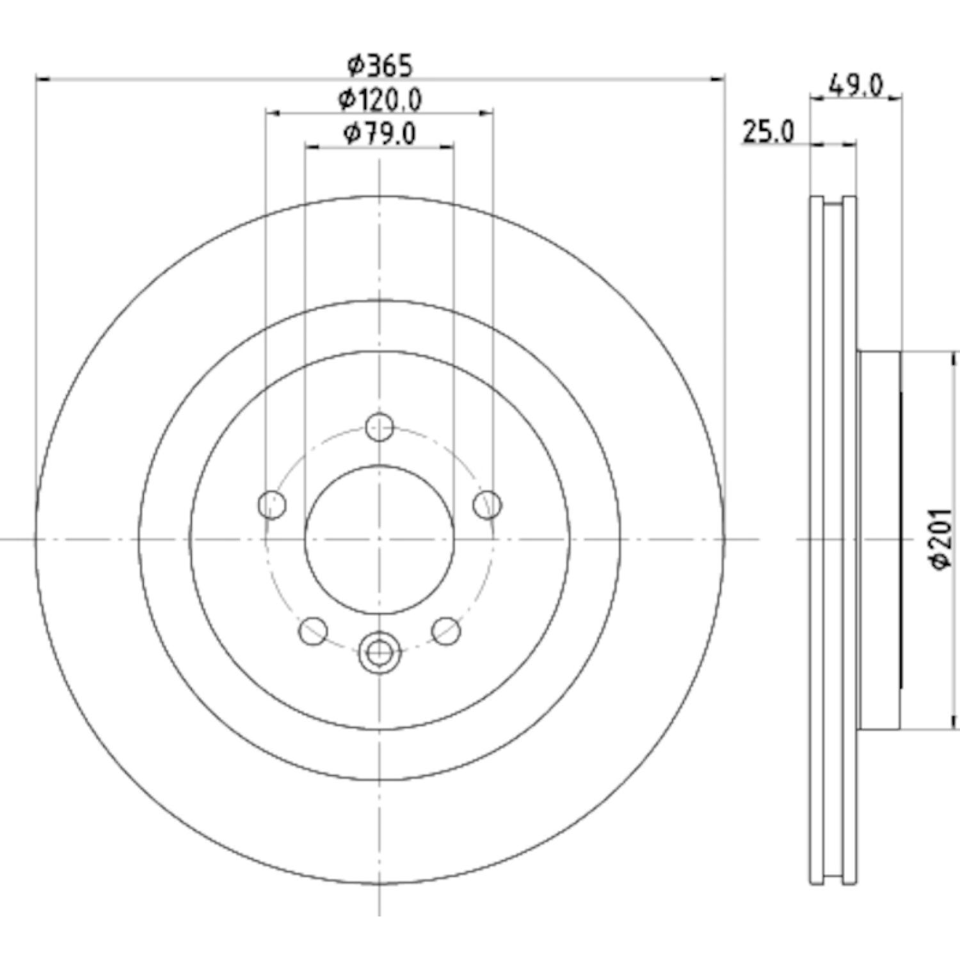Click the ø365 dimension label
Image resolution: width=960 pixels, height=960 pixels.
click(x=380, y=65)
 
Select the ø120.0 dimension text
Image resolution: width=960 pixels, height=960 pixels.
click(x=380, y=99)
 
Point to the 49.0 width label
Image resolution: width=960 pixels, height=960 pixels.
click(x=856, y=84)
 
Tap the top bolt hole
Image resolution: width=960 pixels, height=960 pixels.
click(x=380, y=427)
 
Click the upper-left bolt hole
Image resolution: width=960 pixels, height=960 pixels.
click(x=271, y=505)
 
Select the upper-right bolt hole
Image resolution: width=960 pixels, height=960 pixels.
click(x=488, y=505)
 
